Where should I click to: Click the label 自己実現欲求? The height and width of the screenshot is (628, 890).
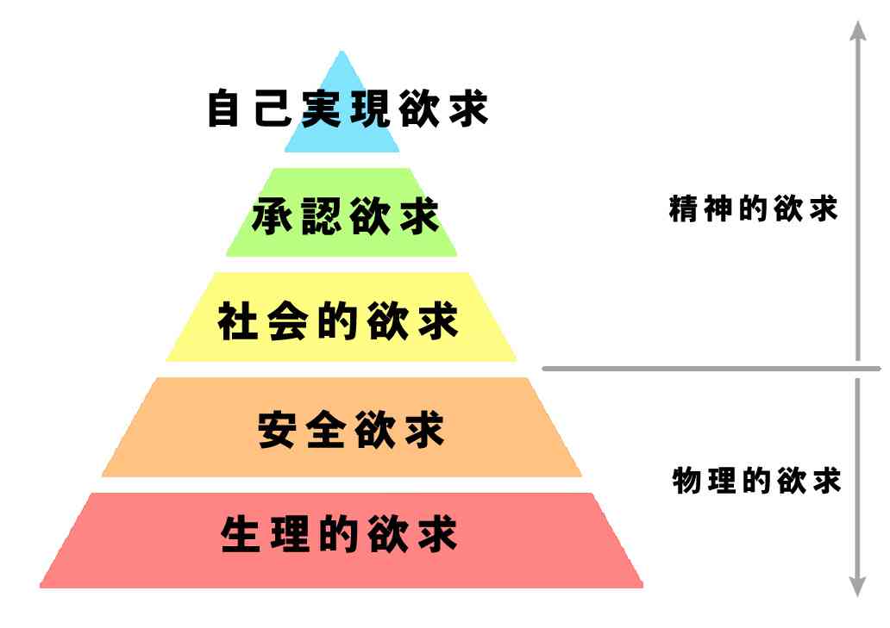pyautogui.click(x=348, y=108)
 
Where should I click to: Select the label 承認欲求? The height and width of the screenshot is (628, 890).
pyautogui.click(x=346, y=216)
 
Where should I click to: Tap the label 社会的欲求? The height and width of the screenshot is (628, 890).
pyautogui.click(x=338, y=320)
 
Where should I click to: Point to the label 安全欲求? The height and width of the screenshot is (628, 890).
pyautogui.click(x=351, y=430)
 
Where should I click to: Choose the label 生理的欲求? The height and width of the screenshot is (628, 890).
pyautogui.click(x=339, y=534)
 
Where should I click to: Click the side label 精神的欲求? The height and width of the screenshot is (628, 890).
pyautogui.click(x=753, y=208)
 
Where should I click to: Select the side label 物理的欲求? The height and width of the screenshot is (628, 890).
pyautogui.click(x=756, y=481)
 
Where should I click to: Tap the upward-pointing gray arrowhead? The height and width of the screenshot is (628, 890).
pyautogui.click(x=857, y=31)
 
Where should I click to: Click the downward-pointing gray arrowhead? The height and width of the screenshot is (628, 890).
pyautogui.click(x=857, y=587)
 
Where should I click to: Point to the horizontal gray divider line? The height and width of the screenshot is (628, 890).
pyautogui.click(x=711, y=369)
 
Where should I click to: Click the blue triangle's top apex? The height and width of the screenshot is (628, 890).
pyautogui.click(x=342, y=52)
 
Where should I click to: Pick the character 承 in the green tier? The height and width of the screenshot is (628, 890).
pyautogui.click(x=272, y=216)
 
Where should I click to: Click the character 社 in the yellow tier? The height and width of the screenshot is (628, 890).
pyautogui.click(x=238, y=320)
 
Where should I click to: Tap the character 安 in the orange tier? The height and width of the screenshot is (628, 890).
pyautogui.click(x=277, y=430)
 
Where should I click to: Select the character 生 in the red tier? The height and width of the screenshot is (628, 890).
pyautogui.click(x=241, y=534)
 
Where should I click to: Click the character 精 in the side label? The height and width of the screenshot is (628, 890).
pyautogui.click(x=683, y=208)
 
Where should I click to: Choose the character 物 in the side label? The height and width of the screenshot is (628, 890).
pyautogui.click(x=686, y=481)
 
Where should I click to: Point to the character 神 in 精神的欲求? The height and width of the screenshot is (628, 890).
pyautogui.click(x=718, y=208)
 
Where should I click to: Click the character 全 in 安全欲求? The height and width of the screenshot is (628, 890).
pyautogui.click(x=326, y=430)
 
